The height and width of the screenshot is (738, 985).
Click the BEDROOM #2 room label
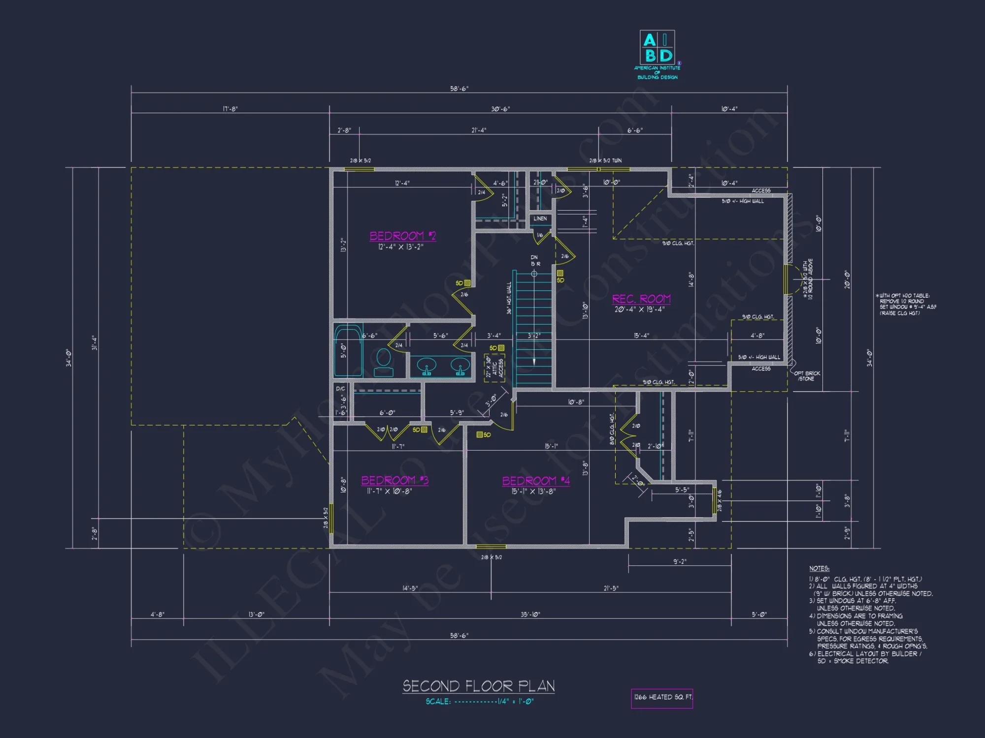click(x=402, y=236)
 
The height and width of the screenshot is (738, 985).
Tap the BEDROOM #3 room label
click(x=394, y=480)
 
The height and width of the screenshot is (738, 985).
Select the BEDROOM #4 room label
click(x=536, y=481)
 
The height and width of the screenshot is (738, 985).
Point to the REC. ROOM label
click(x=641, y=299)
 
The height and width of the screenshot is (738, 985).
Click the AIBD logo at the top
click(x=657, y=48)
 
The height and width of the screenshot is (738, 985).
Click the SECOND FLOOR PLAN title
click(x=478, y=686)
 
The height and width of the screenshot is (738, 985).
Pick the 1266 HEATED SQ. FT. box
click(x=662, y=698)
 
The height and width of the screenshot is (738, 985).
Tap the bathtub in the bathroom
click(x=348, y=350)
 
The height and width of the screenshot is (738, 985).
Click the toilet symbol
click(x=383, y=363)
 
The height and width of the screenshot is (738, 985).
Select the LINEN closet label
click(x=540, y=219)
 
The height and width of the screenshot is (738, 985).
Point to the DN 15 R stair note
click(x=534, y=261)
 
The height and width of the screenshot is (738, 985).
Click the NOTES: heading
click(x=819, y=568)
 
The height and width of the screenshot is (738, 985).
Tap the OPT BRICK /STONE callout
click(x=807, y=376)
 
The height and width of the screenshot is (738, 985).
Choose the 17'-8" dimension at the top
click(x=230, y=109)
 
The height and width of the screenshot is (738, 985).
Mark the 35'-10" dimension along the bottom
click(x=530, y=615)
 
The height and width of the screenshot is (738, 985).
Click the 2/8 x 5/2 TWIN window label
click(x=605, y=161)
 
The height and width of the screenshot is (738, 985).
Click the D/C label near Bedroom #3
click(x=340, y=389)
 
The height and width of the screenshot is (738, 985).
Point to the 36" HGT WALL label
click(x=509, y=298)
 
